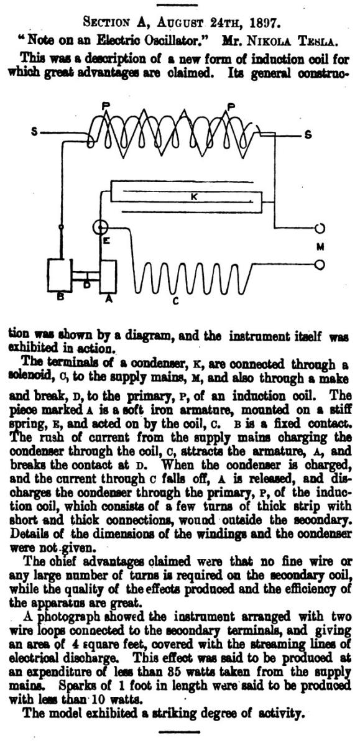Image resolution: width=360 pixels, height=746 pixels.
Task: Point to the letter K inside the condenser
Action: point(194,197)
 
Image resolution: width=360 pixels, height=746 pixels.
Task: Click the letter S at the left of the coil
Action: point(34,132)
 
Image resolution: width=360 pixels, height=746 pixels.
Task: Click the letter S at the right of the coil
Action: point(308,135)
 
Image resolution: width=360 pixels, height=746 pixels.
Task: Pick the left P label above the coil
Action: point(106,106)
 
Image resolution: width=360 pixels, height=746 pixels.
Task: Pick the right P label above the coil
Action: point(231,107)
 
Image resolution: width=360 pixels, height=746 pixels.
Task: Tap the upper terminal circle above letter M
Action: point(320,228)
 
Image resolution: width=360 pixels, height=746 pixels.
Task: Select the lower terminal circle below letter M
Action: point(320,265)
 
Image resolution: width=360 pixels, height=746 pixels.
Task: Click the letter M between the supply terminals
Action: point(320,247)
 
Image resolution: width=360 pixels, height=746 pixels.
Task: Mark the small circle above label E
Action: point(100,228)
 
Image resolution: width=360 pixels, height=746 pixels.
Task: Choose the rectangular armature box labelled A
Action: point(108,277)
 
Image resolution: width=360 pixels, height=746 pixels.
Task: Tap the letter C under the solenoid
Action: point(175,301)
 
